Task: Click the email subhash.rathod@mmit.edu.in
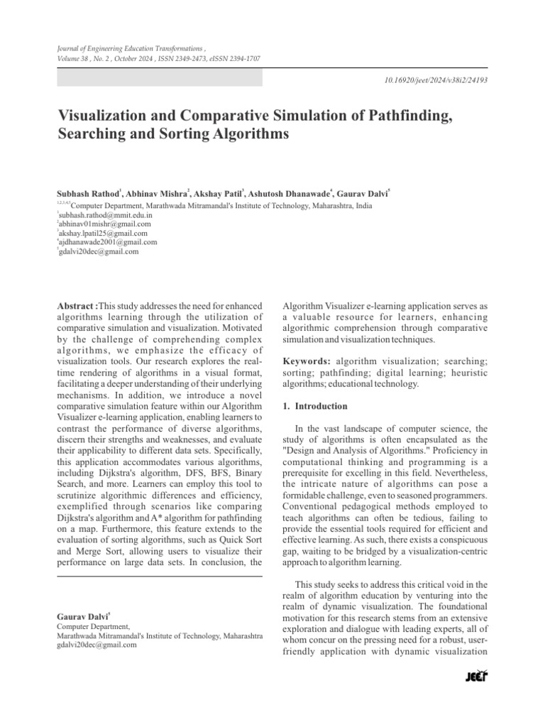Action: pyautogui.click(x=106, y=214)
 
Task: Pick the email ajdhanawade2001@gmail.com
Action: pyautogui.click(x=107, y=242)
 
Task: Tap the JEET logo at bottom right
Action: pyautogui.click(x=475, y=677)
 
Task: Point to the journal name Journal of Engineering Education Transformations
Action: pyautogui.click(x=121, y=47)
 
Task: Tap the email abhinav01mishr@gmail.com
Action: pyautogui.click(x=104, y=224)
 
